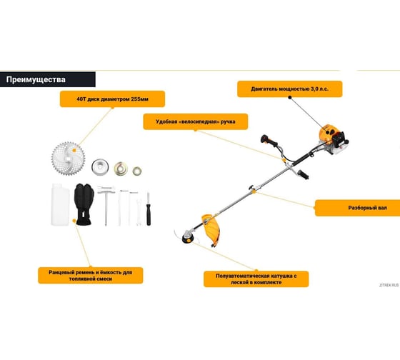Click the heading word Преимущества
[x=36, y=79]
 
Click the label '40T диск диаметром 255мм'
[x=112, y=99]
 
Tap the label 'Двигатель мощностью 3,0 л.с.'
[x=289, y=89]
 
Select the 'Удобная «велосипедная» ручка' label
[x=196, y=121]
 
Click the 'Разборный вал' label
[x=367, y=208]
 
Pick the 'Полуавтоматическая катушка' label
[x=256, y=279]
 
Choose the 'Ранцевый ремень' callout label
[x=90, y=276]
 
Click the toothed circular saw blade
[x=68, y=159]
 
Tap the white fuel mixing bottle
[x=60, y=204]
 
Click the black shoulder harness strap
[x=84, y=204]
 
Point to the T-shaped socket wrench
[x=106, y=206]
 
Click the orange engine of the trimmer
[x=332, y=139]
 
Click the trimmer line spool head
[x=188, y=237]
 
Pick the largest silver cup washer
[x=100, y=167]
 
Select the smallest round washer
[x=137, y=171]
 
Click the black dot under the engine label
[x=290, y=97]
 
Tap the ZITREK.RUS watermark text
[x=389, y=285]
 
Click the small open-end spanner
[x=139, y=211]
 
